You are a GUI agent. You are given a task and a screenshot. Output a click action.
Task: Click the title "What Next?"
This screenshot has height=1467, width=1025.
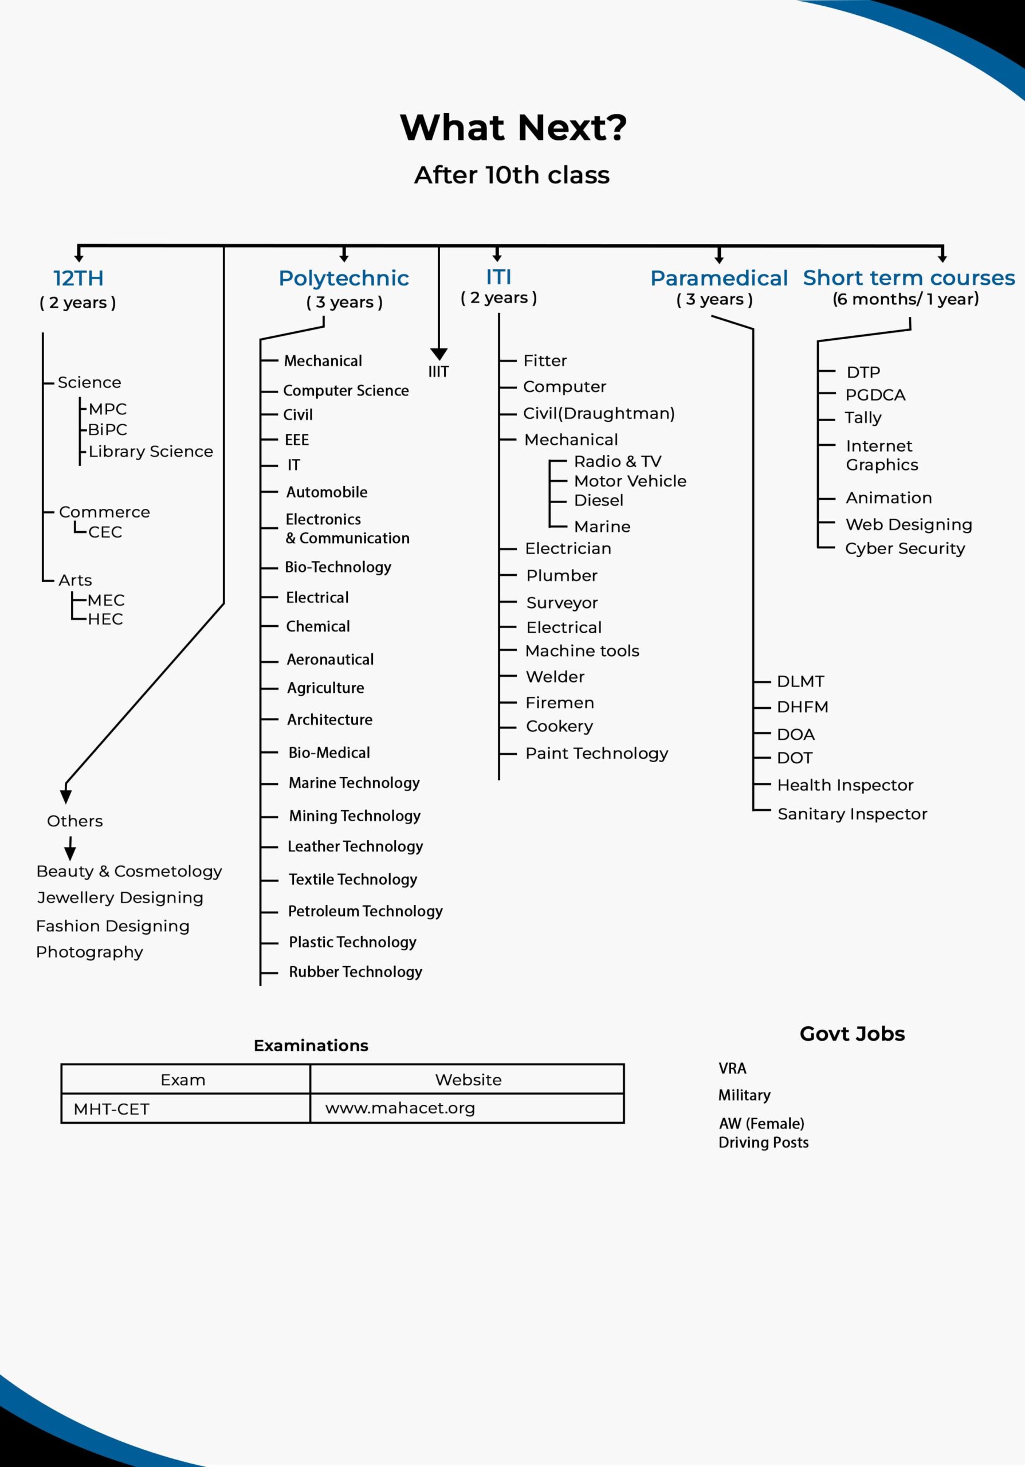pyautogui.click(x=513, y=127)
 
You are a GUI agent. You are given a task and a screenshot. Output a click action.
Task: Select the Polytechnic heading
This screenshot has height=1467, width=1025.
pyautogui.click(x=344, y=278)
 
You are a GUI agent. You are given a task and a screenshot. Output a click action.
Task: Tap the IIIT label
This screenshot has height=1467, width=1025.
pyautogui.click(x=438, y=372)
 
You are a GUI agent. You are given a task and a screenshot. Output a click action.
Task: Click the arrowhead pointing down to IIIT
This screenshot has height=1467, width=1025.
pyautogui.click(x=439, y=354)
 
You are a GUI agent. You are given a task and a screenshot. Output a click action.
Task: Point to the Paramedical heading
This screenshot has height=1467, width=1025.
pyautogui.click(x=718, y=278)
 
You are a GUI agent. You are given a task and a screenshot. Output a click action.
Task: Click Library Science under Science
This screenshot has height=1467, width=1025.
pyautogui.click(x=151, y=451)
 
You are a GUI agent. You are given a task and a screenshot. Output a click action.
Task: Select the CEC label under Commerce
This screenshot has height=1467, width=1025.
pyautogui.click(x=105, y=532)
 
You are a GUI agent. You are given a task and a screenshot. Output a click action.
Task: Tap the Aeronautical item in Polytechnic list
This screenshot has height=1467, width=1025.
pyautogui.click(x=330, y=659)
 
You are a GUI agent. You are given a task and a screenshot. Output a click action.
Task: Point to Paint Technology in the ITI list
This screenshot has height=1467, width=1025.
pyautogui.click(x=596, y=754)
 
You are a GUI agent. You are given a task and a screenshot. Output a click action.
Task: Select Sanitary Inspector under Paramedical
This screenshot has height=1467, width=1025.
pyautogui.click(x=852, y=813)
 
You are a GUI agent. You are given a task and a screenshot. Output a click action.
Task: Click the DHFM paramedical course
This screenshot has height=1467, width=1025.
pyautogui.click(x=802, y=707)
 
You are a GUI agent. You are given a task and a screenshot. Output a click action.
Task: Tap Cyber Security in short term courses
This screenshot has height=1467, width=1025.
pyautogui.click(x=904, y=548)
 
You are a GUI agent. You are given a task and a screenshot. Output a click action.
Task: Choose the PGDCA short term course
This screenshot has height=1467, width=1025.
pyautogui.click(x=875, y=395)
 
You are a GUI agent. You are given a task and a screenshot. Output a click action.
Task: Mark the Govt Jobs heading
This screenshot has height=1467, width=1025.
pyautogui.click(x=852, y=1033)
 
